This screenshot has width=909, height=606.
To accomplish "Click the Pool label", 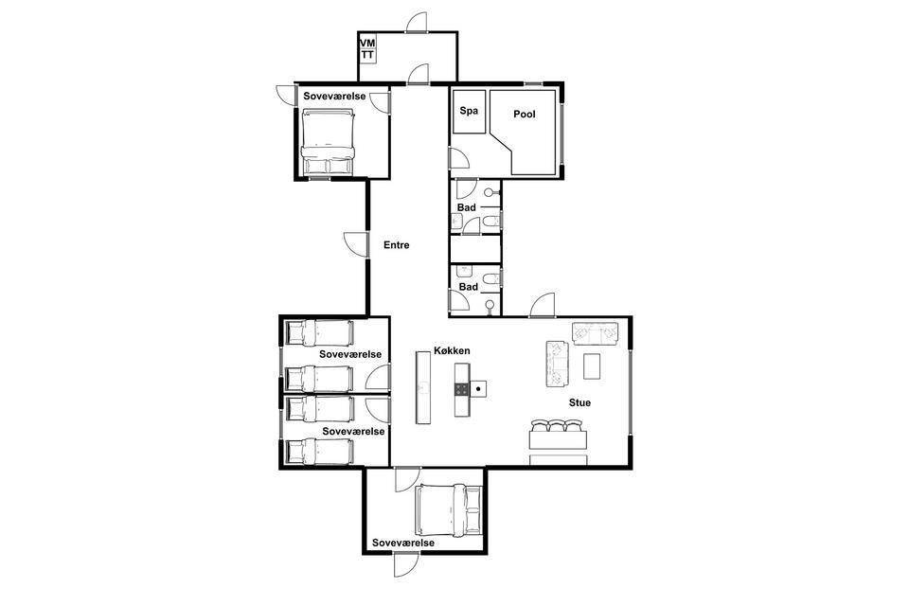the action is (x=524, y=115).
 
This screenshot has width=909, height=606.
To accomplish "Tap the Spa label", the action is (x=469, y=110).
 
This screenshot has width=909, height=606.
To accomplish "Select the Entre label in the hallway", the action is (x=397, y=245).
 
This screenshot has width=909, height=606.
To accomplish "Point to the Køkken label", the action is (x=453, y=351).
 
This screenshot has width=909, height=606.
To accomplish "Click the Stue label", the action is (x=579, y=402).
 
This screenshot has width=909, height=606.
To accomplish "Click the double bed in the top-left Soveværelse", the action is (x=328, y=142).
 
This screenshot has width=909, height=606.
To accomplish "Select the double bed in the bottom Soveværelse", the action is (x=449, y=510).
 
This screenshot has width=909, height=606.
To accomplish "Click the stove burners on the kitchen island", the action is (x=461, y=388).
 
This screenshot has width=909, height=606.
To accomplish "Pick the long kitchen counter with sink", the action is (x=423, y=386).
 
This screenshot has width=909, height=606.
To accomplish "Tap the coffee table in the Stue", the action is (x=591, y=365).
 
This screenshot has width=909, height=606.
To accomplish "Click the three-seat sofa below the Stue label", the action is (x=559, y=433).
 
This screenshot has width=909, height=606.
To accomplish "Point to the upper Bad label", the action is (x=467, y=207).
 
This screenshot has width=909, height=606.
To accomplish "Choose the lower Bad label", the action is (x=469, y=287).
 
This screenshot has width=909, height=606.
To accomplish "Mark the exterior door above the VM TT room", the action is (x=417, y=22).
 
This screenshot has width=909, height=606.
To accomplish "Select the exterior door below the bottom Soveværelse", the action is (x=406, y=564).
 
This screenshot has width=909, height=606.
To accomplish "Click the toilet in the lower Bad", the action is (x=491, y=279).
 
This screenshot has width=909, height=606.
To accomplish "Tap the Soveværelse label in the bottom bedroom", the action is (x=403, y=544).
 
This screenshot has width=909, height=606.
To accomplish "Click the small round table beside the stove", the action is (x=477, y=388).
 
